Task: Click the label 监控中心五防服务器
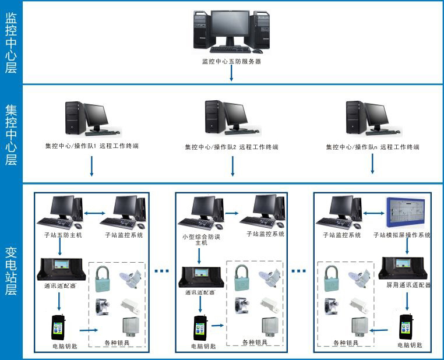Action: (x=231, y=60)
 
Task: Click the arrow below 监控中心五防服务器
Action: (x=232, y=73)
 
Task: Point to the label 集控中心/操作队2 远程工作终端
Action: (x=232, y=147)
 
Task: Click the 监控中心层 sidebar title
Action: (x=11, y=43)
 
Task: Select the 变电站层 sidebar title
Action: (x=11, y=271)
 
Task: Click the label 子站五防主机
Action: (x=59, y=235)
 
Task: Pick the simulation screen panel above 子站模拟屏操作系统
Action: (x=406, y=211)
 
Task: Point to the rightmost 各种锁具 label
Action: (x=344, y=343)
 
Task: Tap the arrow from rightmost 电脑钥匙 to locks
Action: (x=379, y=330)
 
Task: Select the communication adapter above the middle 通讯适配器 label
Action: (x=200, y=276)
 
